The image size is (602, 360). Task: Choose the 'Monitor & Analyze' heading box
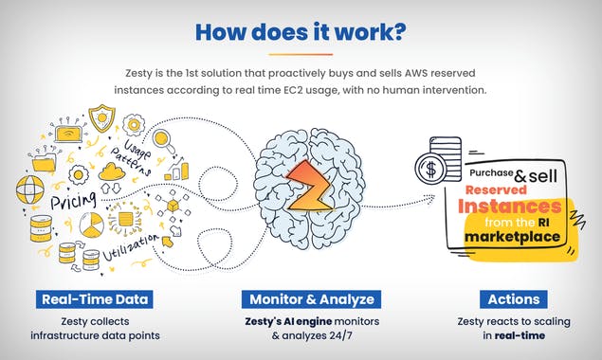point(312,299)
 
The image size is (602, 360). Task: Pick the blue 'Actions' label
point(514,299)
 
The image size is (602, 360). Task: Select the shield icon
point(100,117)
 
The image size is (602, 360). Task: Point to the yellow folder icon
point(44,162)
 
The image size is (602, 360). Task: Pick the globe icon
point(27,189)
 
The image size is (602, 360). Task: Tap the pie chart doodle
point(90,225)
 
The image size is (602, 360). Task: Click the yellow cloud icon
point(113,171)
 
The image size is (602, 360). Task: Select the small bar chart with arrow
point(175,172)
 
